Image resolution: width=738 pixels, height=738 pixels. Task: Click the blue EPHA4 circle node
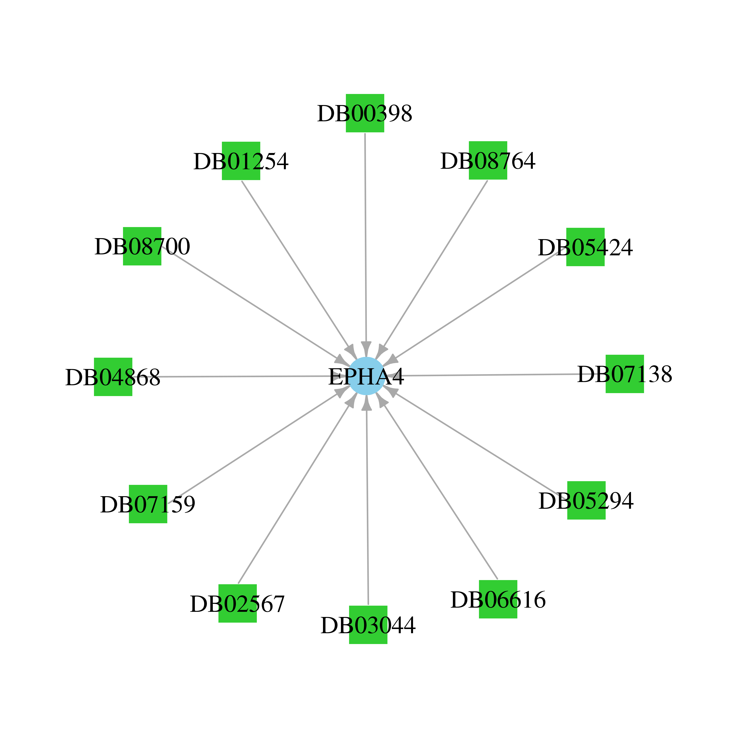click(366, 376)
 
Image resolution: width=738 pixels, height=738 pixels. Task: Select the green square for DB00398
click(365, 113)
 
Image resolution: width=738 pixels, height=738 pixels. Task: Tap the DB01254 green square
click(241, 161)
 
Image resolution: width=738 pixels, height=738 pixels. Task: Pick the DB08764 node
click(488, 160)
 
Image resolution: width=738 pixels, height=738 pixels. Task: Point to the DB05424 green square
click(585, 247)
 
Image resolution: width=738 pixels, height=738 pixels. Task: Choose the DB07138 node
click(625, 374)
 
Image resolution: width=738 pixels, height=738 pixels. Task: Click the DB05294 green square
click(586, 500)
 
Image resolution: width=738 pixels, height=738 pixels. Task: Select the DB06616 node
click(498, 599)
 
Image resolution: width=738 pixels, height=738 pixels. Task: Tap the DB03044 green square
click(368, 625)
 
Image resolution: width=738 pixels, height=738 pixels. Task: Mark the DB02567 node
click(238, 603)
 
